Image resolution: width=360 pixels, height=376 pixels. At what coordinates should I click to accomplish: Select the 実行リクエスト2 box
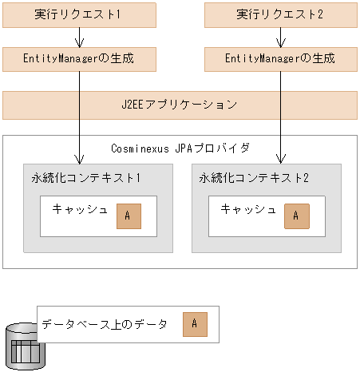coord(279,14)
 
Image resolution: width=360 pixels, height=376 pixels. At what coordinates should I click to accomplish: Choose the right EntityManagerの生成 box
coord(279,59)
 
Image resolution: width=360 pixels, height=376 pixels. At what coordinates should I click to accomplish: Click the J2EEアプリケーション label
coord(180,105)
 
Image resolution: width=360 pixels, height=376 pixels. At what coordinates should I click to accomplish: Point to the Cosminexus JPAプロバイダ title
coord(180,148)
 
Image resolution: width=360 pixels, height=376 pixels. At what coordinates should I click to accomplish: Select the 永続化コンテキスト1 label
coord(81,177)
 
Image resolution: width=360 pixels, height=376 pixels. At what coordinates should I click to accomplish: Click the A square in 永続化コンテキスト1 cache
coord(127,215)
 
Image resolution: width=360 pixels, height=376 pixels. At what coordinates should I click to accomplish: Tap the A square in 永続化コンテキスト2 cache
coord(295,215)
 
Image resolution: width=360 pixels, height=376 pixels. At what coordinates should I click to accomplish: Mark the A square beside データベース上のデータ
coord(194,324)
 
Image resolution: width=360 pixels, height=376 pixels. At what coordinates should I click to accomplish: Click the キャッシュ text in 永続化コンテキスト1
coord(79,210)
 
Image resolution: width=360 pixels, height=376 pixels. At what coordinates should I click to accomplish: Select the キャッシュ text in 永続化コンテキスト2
coord(247,210)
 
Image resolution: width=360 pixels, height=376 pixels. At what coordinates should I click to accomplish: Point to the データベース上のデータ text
coord(105,324)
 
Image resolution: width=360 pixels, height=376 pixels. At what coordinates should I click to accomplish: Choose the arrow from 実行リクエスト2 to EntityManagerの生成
coord(279,37)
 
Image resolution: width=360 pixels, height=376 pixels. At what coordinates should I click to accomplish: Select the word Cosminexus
coord(141,148)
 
